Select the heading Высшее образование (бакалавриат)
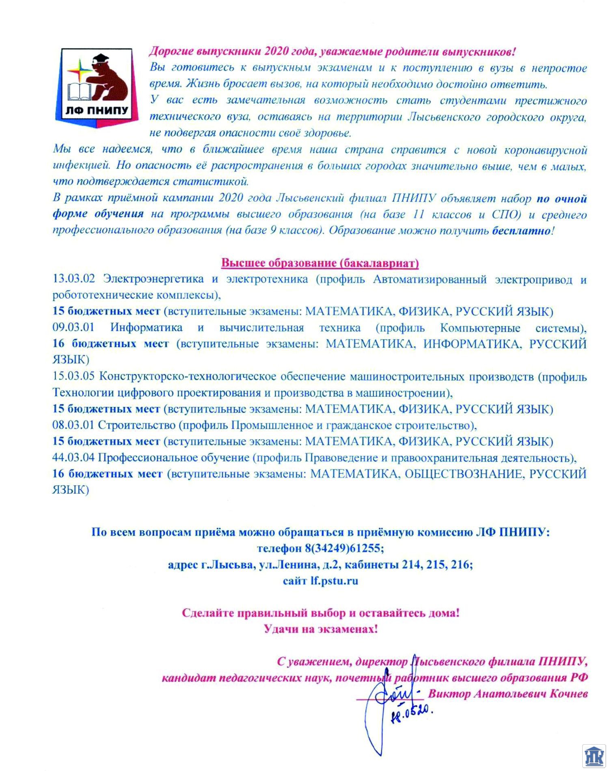click(320, 263)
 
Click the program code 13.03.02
click(73, 279)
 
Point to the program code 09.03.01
click(73, 327)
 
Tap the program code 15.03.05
click(73, 376)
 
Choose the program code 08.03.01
click(73, 425)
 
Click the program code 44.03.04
click(73, 458)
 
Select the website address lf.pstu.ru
click(334, 581)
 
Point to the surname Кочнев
click(568, 694)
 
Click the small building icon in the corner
click(594, 756)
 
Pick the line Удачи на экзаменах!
click(321, 629)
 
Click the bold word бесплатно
click(521, 231)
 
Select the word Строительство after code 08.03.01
click(137, 425)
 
